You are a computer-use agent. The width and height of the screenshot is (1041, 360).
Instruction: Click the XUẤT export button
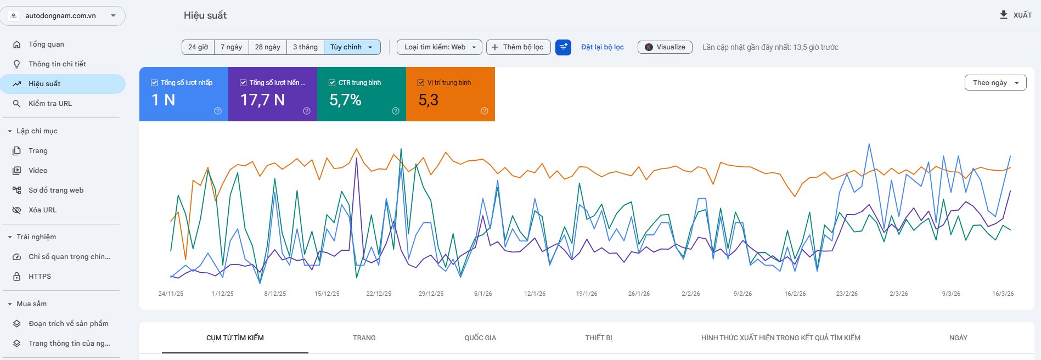1016,15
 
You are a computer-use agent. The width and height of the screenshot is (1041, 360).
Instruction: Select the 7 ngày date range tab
232,47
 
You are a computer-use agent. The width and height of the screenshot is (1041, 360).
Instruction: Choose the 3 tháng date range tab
305,47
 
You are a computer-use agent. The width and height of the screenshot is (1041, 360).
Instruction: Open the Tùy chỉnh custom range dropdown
352,47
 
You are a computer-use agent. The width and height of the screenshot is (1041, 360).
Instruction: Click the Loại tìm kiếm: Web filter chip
440,47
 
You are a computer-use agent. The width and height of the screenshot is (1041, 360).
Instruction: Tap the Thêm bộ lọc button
518,47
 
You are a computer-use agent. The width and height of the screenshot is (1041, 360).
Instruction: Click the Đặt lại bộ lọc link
603,47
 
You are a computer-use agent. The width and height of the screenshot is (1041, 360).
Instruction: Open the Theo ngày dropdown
995,83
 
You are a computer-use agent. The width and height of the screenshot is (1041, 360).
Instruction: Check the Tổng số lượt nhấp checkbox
154,83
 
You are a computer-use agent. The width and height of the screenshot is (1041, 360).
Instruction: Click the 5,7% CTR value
345,100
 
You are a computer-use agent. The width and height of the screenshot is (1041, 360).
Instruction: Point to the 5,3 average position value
428,100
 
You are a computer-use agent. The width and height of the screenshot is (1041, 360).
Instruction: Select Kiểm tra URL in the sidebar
50,103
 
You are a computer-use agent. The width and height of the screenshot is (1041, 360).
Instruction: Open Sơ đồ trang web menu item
56,190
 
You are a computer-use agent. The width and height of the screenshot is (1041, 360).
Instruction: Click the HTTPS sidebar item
40,276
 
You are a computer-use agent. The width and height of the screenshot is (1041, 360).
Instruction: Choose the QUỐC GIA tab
480,337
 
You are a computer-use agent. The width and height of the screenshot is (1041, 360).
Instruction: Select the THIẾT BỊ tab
599,337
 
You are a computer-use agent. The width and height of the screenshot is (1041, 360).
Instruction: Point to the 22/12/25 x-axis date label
379,294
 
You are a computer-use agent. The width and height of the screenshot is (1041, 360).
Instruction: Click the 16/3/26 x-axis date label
1003,294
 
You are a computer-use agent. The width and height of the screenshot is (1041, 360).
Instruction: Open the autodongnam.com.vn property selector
63,16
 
